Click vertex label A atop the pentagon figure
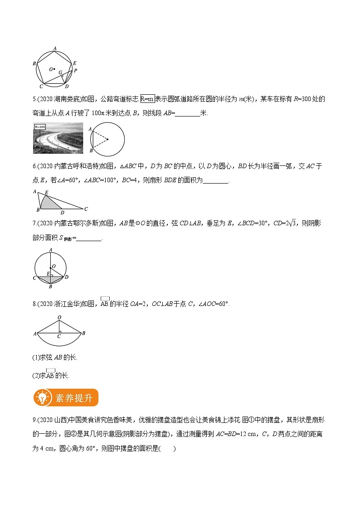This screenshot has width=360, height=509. coord(55,48)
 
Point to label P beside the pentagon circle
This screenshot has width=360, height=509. coord(76,71)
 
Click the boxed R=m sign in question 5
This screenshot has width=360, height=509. coord(147,99)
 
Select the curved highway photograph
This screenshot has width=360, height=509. coord(58,138)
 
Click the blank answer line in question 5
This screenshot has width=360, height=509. coord(187,113)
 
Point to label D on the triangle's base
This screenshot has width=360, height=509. coord(62,213)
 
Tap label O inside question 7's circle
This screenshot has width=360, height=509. coord(54,266)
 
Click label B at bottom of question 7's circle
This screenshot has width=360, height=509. coord(51,286)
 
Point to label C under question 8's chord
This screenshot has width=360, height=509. coord(59,337)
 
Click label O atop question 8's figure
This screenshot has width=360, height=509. coord(59,317)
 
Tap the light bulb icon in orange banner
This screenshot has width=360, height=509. coord(43,398)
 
